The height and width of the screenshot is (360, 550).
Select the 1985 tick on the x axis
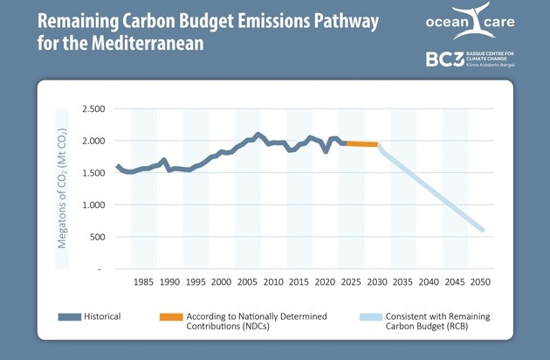[x=144, y=282]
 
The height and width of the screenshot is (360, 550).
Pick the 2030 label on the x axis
[x=377, y=282]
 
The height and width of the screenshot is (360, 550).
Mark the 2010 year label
[x=273, y=282]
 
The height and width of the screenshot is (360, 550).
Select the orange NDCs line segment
[x=360, y=143]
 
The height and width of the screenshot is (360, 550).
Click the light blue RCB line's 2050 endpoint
[x=482, y=231]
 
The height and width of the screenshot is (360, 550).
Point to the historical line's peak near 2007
[x=258, y=135]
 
